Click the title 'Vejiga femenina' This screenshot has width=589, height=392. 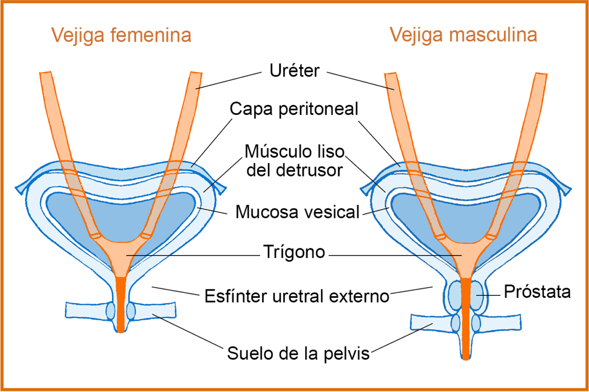coord(122,35)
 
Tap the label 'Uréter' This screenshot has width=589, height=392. coord(294,71)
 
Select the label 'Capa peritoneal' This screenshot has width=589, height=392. coord(294,110)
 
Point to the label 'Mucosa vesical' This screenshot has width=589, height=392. coord(297,212)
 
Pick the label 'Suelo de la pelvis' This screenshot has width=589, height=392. coord(298,353)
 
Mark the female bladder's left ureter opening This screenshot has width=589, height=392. coord(95,236)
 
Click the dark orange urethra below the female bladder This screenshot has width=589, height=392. coord(121,304)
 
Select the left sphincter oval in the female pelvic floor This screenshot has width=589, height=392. coord(111,311)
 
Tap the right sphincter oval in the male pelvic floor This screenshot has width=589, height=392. coord(476,323)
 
